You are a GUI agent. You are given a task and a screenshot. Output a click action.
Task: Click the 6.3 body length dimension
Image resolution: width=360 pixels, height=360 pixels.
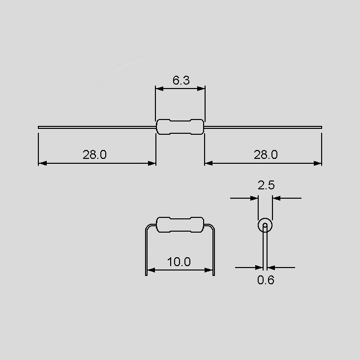(181, 80)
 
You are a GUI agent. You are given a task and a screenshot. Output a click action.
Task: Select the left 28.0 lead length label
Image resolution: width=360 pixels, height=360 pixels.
(94, 154)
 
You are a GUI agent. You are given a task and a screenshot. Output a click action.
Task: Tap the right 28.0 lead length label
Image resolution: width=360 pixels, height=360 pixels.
(266, 154)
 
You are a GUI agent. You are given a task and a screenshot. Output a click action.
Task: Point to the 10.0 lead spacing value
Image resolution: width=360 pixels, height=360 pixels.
(179, 262)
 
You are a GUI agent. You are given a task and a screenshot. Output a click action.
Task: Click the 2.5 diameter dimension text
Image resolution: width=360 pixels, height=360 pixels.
(266, 185)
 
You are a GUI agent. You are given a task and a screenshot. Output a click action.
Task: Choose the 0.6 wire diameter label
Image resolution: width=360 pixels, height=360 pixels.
(266, 280)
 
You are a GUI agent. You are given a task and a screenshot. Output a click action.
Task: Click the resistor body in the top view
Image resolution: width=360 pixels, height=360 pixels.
(180, 127)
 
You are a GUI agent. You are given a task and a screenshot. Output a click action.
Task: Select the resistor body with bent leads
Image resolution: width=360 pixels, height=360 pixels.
(180, 225)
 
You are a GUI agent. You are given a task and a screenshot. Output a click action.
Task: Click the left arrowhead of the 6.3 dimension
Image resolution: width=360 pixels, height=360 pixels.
(159, 89)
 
